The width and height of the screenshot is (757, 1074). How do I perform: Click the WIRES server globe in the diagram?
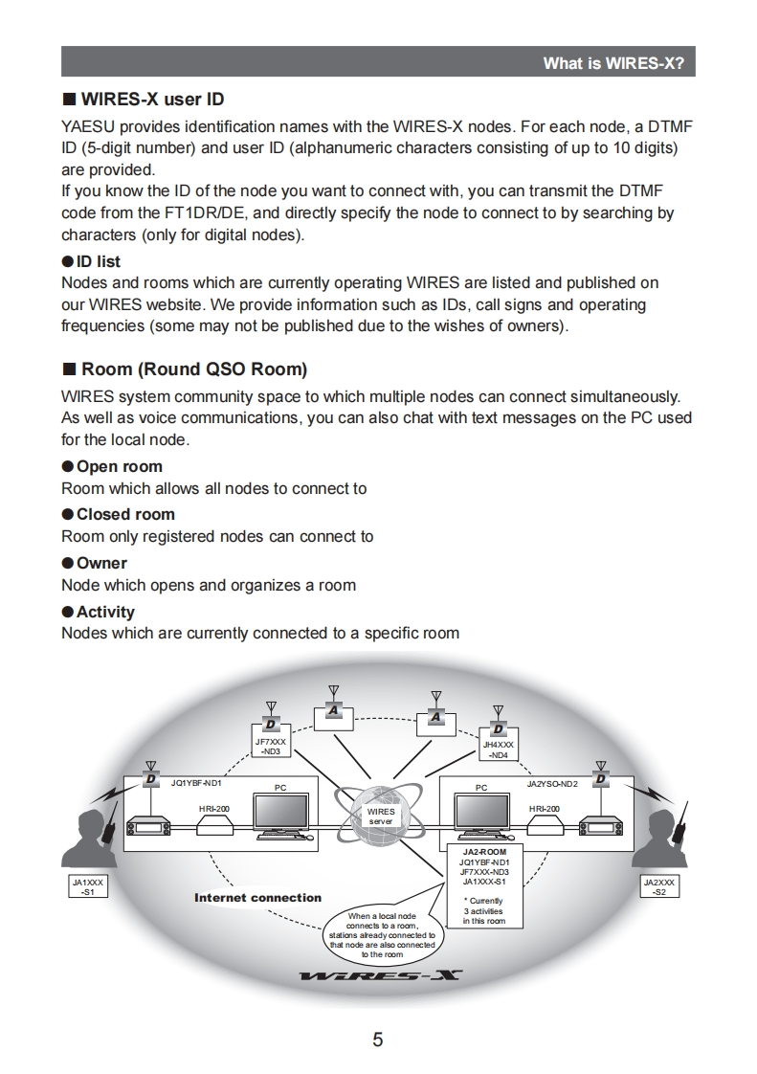(x=381, y=816)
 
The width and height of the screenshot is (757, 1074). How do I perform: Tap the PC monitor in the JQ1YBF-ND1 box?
(x=279, y=814)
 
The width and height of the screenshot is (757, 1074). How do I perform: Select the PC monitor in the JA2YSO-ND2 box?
(x=481, y=814)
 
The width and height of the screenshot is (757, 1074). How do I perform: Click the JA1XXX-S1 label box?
(x=89, y=885)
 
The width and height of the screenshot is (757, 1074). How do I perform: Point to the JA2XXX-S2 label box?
(x=658, y=885)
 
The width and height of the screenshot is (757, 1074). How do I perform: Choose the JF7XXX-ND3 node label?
(x=270, y=746)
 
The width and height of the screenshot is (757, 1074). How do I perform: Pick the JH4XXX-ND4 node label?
(x=498, y=749)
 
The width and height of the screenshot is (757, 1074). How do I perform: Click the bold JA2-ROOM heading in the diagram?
(x=484, y=851)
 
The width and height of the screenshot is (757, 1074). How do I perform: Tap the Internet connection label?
(x=257, y=898)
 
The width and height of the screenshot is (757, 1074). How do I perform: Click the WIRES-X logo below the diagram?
(x=380, y=975)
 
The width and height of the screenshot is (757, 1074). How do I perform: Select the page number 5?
(x=378, y=1040)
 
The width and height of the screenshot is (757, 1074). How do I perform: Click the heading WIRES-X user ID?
(x=152, y=99)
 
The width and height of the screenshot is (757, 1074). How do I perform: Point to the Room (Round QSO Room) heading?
(x=194, y=369)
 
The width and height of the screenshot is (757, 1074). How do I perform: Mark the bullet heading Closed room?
(x=125, y=514)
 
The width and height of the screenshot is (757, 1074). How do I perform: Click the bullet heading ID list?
(x=98, y=261)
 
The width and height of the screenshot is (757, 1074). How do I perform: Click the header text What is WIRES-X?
(x=613, y=63)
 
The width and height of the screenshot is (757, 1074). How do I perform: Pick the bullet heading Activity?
(x=105, y=612)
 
